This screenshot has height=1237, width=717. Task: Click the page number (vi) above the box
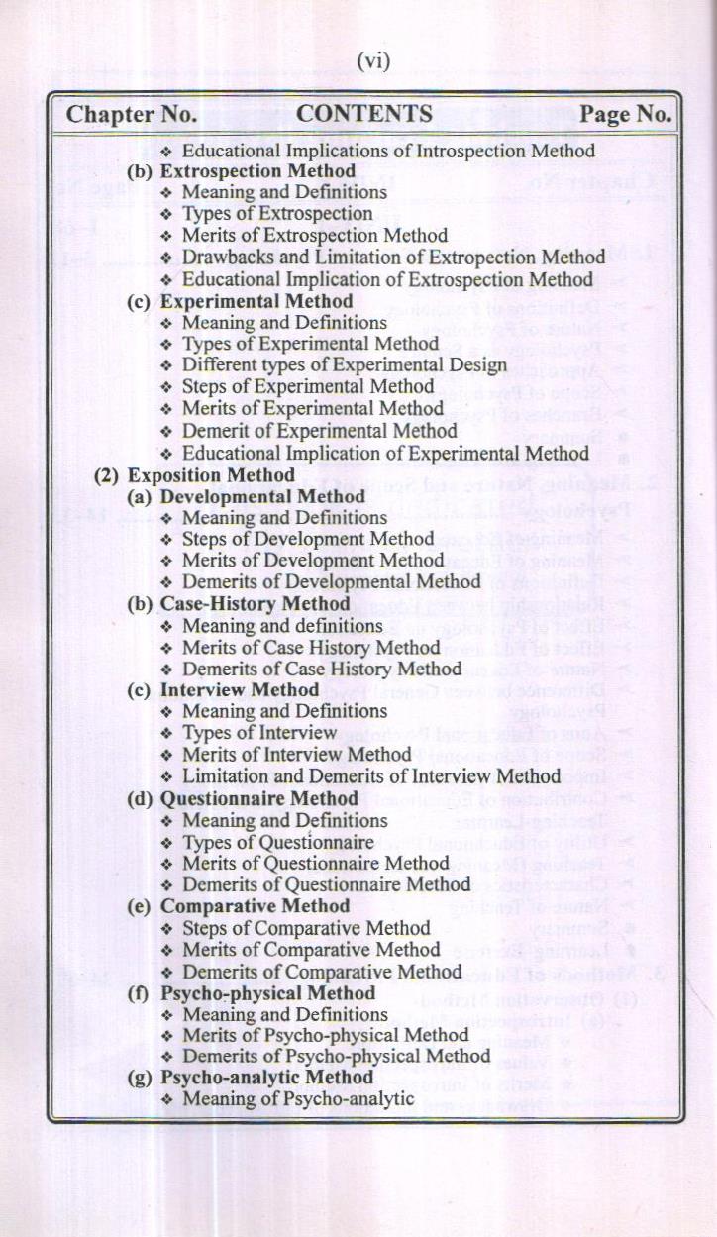[373, 61]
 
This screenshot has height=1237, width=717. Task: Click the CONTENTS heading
[364, 114]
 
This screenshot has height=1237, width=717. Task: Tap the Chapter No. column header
[132, 115]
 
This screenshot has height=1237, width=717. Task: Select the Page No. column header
[625, 115]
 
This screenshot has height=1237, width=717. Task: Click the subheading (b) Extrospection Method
[243, 170]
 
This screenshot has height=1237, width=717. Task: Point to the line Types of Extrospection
[277, 213]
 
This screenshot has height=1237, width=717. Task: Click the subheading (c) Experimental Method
[241, 301]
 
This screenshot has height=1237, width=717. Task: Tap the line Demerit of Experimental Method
[319, 431]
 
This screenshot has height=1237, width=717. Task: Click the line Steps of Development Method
[308, 539]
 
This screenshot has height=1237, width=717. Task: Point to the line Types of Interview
[259, 733]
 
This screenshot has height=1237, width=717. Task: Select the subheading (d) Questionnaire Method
[244, 798]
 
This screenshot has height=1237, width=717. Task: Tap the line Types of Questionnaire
[277, 842]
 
